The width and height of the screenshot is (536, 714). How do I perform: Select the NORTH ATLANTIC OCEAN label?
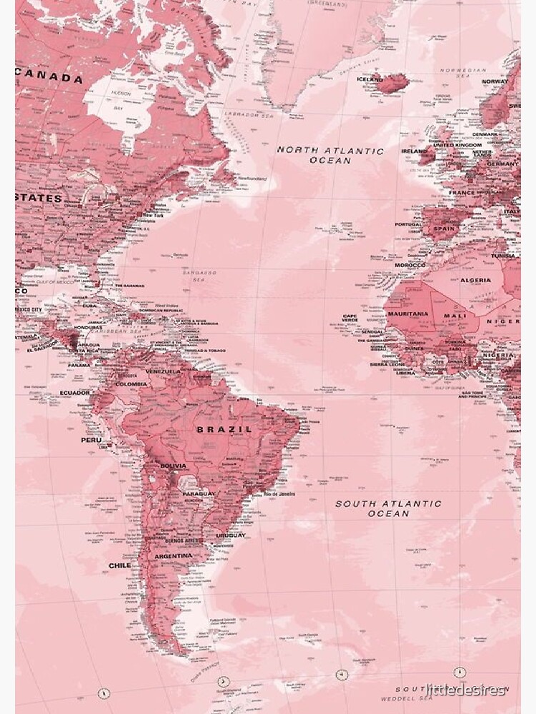330,156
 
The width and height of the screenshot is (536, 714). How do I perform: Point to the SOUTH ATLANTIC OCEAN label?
389,508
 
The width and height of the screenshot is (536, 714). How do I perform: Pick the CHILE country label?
119,565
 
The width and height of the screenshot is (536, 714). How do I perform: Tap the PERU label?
91,440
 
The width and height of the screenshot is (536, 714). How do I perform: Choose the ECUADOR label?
74,393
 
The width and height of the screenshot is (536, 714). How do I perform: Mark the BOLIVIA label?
174,466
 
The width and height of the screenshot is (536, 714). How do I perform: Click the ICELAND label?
369,79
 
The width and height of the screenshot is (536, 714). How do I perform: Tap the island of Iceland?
392,84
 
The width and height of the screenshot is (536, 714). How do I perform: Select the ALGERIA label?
475,281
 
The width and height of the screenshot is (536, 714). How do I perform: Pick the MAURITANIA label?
408,313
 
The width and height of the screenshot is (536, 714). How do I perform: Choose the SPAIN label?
444,228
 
